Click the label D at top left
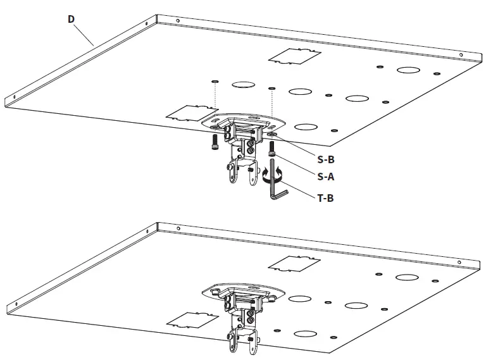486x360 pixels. [x=72, y=19]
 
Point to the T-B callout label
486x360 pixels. [x=324, y=198]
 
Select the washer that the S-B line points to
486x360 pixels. [x=271, y=135]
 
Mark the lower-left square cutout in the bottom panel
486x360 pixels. [x=187, y=318]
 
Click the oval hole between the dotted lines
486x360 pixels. [x=242, y=84]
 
